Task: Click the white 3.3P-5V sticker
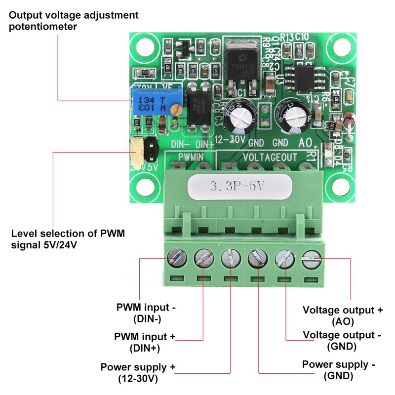tap(239, 187)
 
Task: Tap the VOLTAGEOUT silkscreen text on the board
tap(270, 157)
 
